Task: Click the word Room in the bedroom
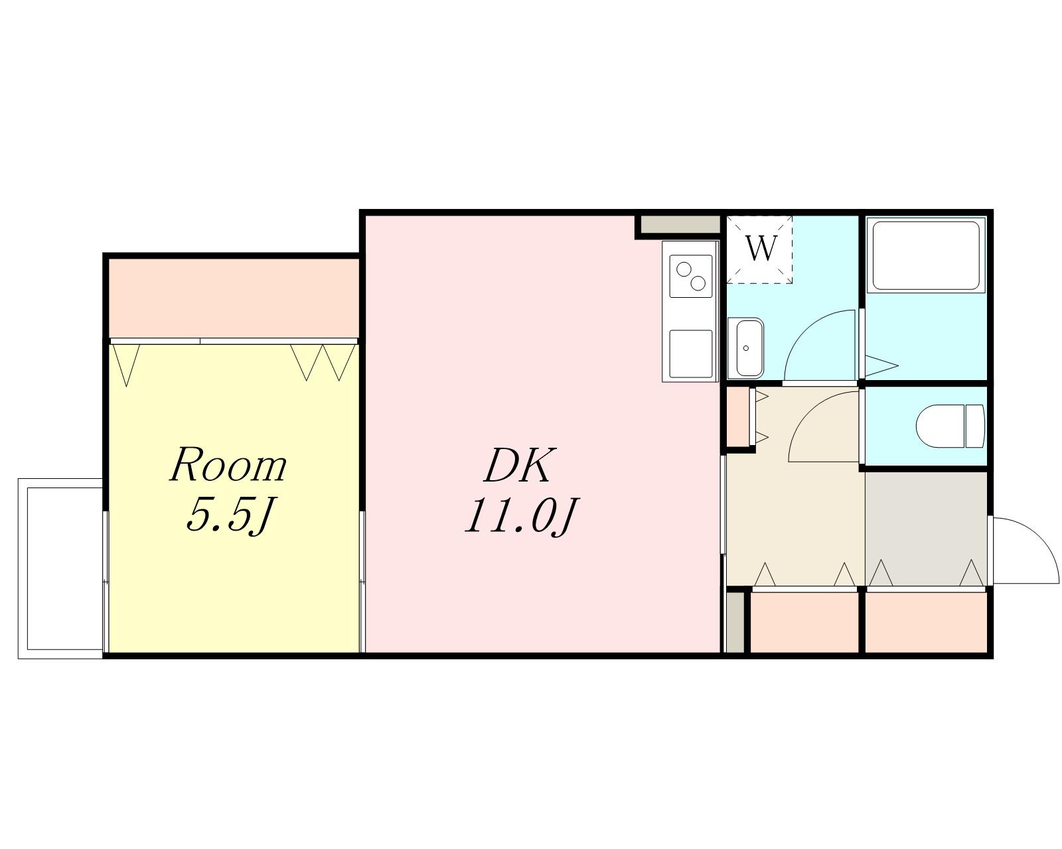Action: point(228,465)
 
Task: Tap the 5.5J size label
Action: point(229,515)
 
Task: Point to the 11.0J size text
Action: point(521,515)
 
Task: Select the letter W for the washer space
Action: point(761,249)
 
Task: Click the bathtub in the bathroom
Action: point(926,255)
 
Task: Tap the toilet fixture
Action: point(949,426)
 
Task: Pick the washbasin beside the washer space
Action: point(745,348)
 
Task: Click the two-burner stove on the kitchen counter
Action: point(690,277)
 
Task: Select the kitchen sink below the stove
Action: point(690,354)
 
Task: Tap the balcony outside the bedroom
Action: point(60,568)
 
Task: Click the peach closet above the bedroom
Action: point(233,298)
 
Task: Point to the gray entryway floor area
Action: point(926,529)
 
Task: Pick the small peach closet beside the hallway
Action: point(738,417)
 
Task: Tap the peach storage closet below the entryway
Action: point(926,623)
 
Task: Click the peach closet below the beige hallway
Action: point(804,623)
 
